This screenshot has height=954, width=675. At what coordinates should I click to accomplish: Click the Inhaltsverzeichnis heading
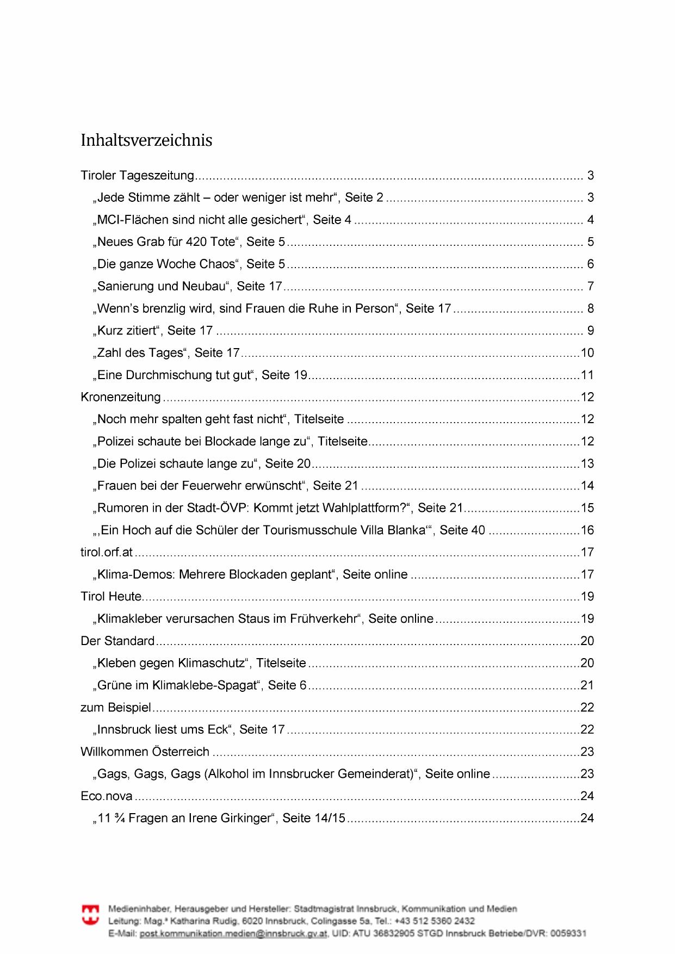tap(146, 140)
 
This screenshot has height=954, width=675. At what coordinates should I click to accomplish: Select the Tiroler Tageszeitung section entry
tap(137, 176)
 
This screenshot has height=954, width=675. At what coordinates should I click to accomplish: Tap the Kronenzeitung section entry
tap(121, 397)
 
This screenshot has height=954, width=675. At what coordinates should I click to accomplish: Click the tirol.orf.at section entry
tap(107, 552)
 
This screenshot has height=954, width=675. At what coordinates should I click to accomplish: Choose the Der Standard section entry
tap(117, 641)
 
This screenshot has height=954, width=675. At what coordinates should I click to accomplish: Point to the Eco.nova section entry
tap(107, 796)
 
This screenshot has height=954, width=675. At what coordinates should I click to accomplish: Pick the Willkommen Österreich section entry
tap(145, 752)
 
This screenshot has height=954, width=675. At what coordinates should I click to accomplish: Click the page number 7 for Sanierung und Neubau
tap(590, 286)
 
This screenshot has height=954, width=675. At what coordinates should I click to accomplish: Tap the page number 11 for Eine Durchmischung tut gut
tap(587, 375)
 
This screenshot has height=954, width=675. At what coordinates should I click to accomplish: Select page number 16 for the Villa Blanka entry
tap(587, 530)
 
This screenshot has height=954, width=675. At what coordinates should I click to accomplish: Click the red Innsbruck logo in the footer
tap(91, 914)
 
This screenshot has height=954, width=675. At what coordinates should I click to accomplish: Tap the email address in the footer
tap(233, 933)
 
